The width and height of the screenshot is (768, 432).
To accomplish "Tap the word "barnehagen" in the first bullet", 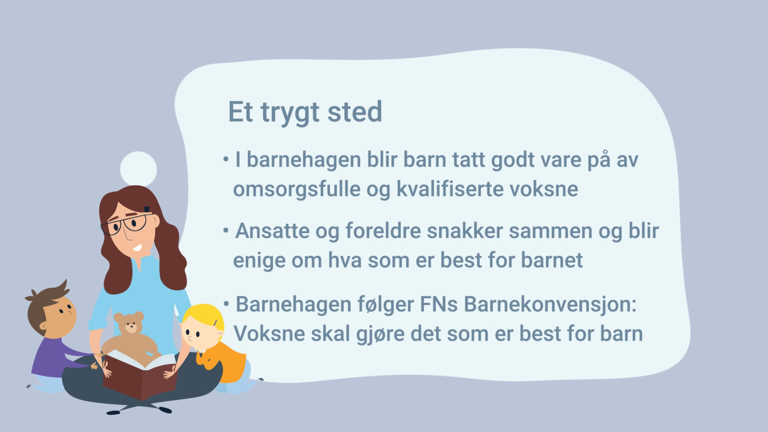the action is point(304,160).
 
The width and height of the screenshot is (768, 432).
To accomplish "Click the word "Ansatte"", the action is point(272,231).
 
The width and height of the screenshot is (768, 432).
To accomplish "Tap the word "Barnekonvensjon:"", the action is point(550,304).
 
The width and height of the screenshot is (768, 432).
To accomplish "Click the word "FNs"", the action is point(439,304).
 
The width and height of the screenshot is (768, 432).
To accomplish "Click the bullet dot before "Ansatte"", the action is point(226,230).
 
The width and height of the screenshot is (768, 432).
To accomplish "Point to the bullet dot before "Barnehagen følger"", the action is point(226,304).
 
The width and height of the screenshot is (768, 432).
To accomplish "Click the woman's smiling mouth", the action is point(137,248).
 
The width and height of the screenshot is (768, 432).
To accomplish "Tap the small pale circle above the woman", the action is point(138,169).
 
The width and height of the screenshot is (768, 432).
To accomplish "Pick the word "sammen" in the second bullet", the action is point(550,231).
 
